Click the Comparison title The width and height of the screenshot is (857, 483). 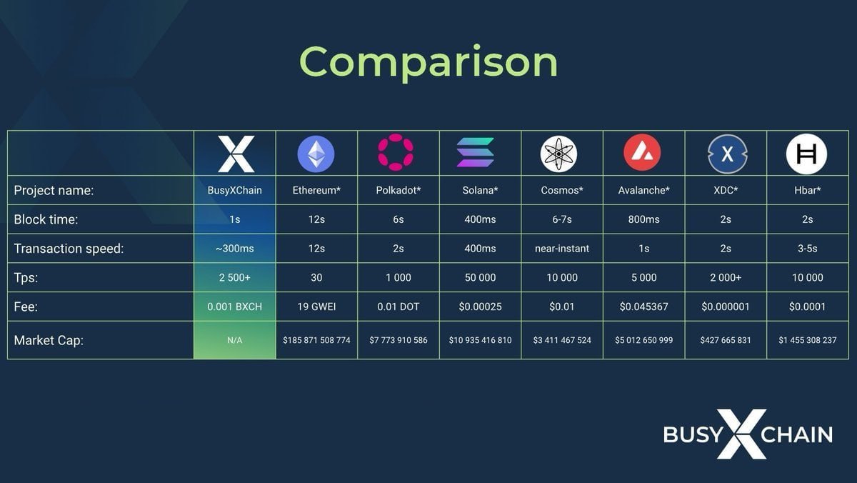(x=428, y=62)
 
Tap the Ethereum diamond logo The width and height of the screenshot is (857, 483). (x=316, y=153)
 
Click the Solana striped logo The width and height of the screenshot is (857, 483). (x=476, y=153)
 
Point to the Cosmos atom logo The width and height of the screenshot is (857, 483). (x=559, y=153)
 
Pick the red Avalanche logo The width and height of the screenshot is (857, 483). (x=642, y=153)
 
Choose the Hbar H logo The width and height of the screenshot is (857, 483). (x=806, y=154)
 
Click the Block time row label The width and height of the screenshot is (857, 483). (x=46, y=219)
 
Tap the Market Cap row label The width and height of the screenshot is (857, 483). (x=49, y=340)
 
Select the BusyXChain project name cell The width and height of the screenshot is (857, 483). (x=235, y=191)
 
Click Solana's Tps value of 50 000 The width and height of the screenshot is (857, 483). (x=480, y=277)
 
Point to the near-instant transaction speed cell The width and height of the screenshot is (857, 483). (x=562, y=249)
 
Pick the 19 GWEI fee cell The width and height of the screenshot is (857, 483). (x=316, y=307)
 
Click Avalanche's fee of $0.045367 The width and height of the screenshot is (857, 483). (x=643, y=307)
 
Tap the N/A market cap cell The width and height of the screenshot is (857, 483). (x=235, y=341)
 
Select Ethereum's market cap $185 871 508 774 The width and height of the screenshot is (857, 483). (x=316, y=340)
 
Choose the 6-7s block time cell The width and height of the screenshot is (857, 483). (x=562, y=219)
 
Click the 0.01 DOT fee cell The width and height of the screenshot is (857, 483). (x=398, y=307)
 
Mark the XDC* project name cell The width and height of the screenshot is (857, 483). (x=726, y=191)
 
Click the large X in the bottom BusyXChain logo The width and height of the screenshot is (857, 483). (x=741, y=434)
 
